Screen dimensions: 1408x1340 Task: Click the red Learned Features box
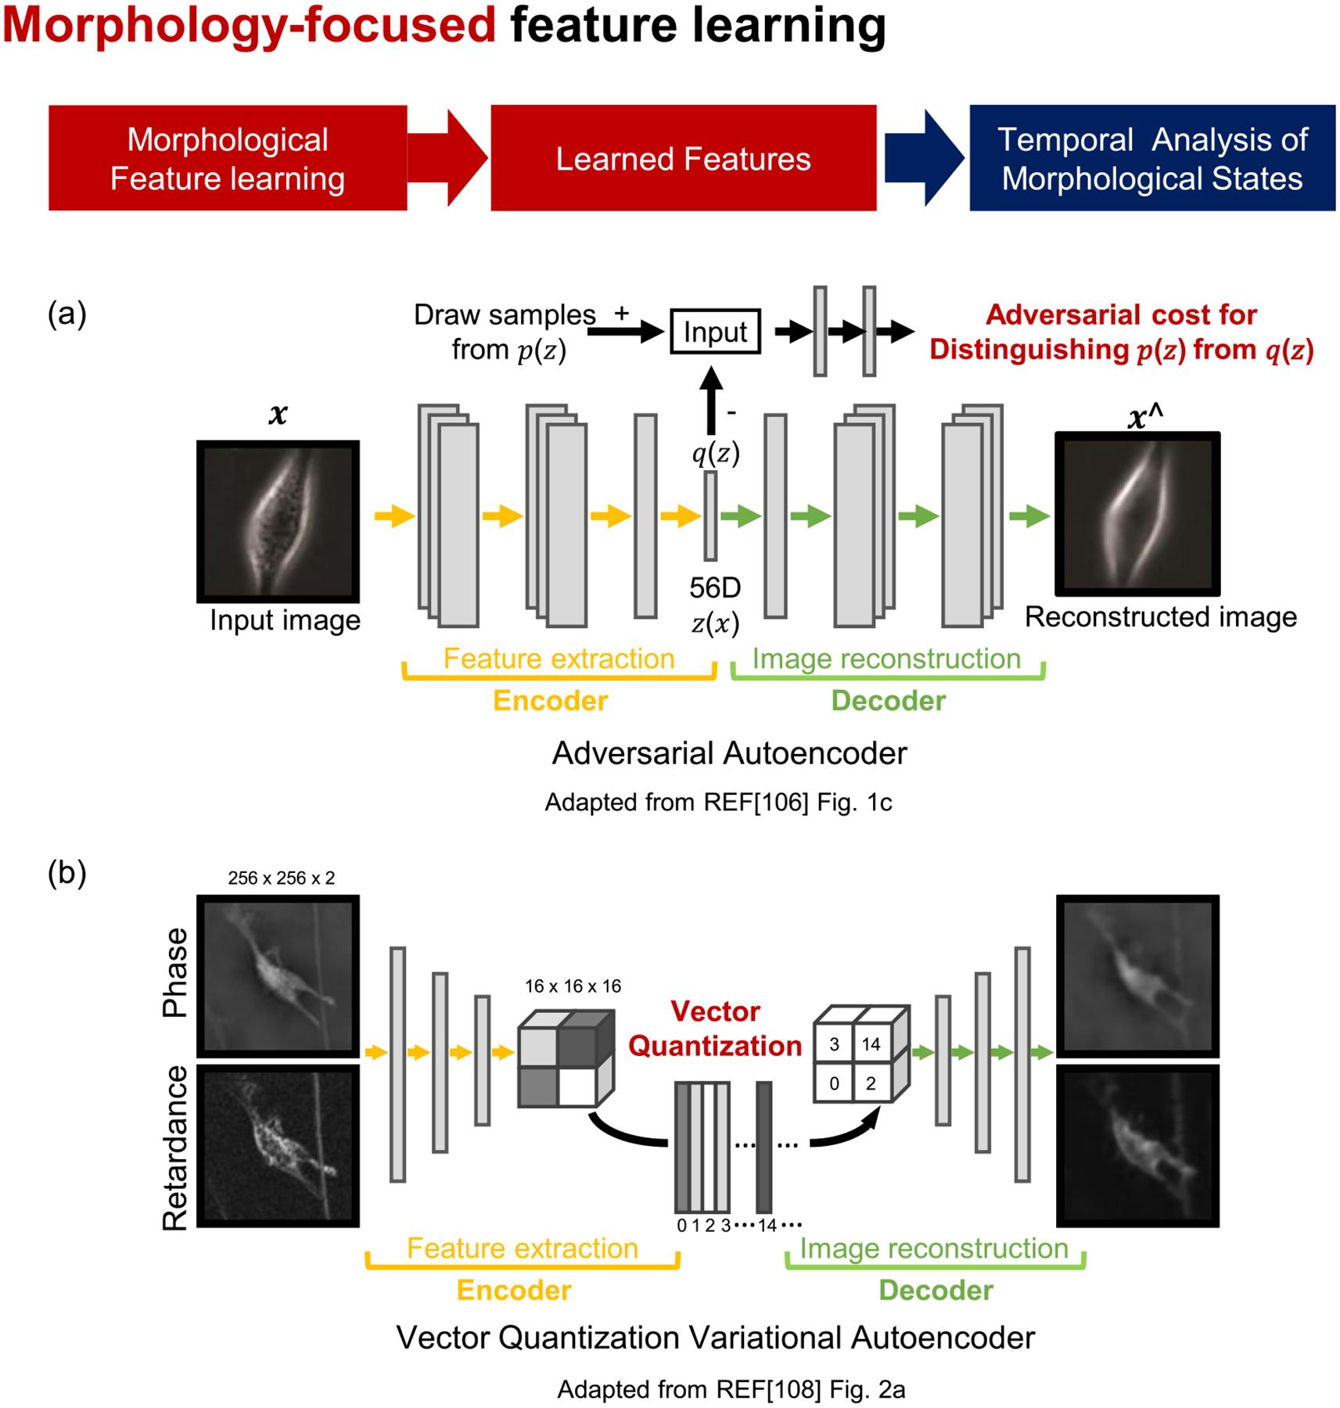click(x=683, y=158)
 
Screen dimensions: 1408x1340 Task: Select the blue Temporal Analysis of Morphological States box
click(x=1151, y=158)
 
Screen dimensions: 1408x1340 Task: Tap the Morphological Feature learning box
click(x=227, y=158)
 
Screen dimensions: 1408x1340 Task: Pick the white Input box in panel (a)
click(x=715, y=332)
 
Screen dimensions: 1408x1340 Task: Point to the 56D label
click(x=715, y=587)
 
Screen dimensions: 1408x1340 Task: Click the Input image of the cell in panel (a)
click(x=278, y=521)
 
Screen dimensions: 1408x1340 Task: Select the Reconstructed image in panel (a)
click(x=1137, y=513)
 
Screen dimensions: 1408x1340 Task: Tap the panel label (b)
click(x=67, y=873)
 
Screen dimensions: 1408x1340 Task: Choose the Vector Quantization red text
click(x=715, y=1029)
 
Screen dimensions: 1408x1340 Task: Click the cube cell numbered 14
click(x=871, y=1044)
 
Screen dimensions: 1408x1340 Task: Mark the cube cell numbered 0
click(x=834, y=1083)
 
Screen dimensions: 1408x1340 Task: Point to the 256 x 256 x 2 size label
click(x=281, y=878)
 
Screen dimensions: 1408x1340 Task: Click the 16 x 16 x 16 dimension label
click(x=573, y=986)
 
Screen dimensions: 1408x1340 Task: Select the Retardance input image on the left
click(x=278, y=1145)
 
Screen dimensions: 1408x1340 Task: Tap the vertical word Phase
click(x=175, y=972)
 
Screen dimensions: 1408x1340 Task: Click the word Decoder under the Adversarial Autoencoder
click(x=888, y=701)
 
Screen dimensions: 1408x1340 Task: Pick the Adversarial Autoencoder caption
click(x=729, y=753)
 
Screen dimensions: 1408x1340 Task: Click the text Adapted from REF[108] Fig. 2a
click(x=731, y=1389)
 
